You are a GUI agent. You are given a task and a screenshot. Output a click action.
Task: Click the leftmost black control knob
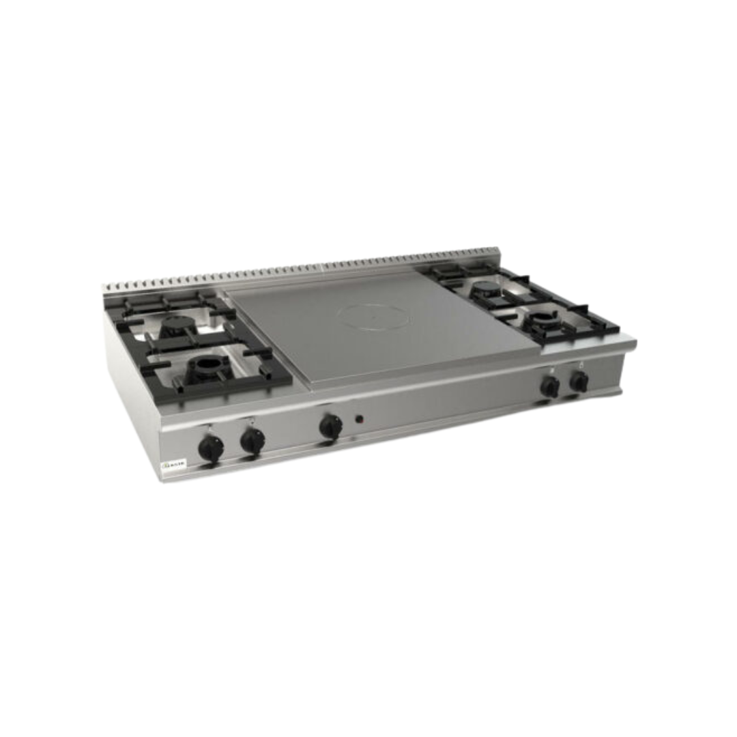(211, 448)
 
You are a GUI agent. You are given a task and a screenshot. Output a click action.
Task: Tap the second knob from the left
(252, 441)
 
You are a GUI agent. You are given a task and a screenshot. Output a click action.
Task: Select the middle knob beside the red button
(331, 427)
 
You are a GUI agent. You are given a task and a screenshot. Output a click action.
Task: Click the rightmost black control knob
(579, 382)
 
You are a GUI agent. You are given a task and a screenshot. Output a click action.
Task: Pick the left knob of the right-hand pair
(550, 388)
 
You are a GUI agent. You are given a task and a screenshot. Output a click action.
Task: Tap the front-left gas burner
(204, 369)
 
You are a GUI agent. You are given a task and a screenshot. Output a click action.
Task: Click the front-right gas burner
(546, 319)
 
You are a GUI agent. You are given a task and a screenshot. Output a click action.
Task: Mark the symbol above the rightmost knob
(581, 363)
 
